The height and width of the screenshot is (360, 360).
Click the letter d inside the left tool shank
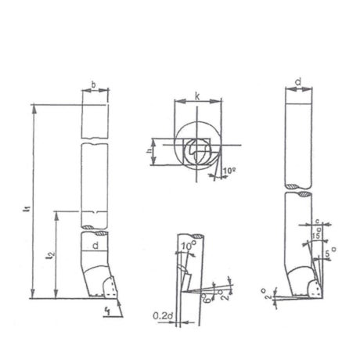tap(95, 247)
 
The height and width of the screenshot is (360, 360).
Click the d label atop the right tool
tap(301, 81)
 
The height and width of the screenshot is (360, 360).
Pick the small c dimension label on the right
tap(317, 221)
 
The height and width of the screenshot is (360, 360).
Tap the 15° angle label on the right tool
tap(315, 236)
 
